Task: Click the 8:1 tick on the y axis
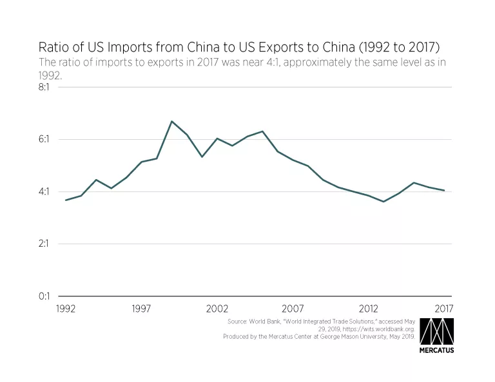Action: click(x=48, y=87)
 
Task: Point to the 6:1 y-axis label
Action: click(x=48, y=139)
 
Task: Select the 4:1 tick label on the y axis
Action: click(x=48, y=191)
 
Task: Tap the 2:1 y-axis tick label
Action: click(x=48, y=244)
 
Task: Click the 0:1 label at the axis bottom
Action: click(x=48, y=296)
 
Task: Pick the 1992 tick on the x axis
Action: click(x=66, y=308)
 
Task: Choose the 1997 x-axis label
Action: click(x=142, y=308)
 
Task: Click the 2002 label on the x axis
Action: click(x=217, y=308)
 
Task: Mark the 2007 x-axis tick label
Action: click(x=293, y=308)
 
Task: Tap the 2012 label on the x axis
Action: click(x=369, y=308)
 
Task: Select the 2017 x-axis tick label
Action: click(x=444, y=308)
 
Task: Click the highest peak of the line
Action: click(x=171, y=121)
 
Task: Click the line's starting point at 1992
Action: click(x=66, y=200)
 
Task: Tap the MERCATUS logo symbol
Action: click(x=437, y=331)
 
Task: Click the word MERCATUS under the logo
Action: click(x=437, y=352)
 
